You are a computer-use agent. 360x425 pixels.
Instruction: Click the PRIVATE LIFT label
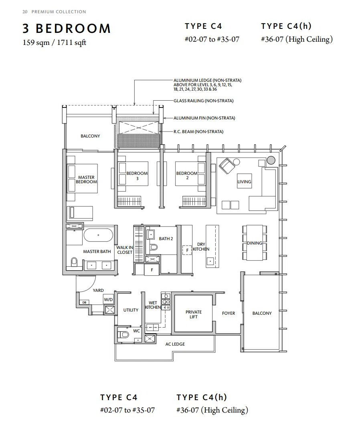(194, 314)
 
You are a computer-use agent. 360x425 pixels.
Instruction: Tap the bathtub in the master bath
(98, 235)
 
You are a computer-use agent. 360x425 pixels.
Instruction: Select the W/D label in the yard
(108, 300)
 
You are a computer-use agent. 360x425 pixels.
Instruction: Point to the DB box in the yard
(84, 302)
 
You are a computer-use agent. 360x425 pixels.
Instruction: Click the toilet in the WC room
(124, 334)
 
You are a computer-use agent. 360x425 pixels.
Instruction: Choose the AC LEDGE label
(175, 344)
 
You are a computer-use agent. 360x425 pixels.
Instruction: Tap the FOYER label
(229, 313)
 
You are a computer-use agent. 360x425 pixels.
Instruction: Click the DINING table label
(255, 243)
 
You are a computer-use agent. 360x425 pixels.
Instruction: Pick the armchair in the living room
(227, 166)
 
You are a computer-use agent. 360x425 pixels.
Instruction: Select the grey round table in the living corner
(271, 160)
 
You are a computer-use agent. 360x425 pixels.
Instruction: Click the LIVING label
(244, 182)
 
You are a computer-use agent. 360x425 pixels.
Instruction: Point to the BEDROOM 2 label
(187, 175)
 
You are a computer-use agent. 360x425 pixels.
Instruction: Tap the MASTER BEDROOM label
(86, 180)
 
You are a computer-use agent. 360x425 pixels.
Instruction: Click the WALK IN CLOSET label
(125, 250)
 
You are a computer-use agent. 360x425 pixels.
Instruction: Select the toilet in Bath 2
(154, 247)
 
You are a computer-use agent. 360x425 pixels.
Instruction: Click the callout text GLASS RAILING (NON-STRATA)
(204, 101)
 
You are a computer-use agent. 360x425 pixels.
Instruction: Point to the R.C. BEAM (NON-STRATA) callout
(198, 132)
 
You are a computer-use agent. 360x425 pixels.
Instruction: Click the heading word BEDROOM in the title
(73, 28)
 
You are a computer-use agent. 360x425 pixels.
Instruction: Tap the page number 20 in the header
(25, 12)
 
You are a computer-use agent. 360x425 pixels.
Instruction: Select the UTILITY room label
(131, 310)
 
